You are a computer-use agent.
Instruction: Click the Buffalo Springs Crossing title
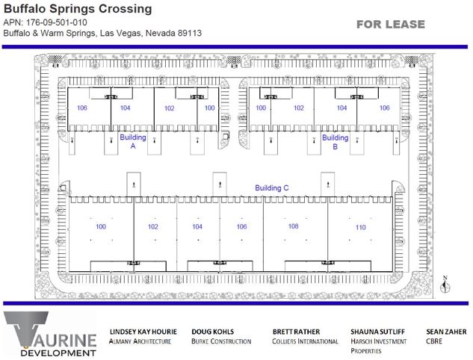point(78,8)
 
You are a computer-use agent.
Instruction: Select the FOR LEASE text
point(391,24)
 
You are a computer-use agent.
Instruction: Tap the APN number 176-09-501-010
point(56,22)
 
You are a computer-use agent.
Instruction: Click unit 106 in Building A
point(82,108)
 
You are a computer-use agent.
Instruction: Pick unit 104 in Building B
point(341,108)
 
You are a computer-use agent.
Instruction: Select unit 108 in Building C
point(293,226)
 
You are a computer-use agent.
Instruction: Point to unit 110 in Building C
point(360,227)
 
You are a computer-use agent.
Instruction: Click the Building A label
point(133,141)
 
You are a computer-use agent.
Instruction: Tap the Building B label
point(336,142)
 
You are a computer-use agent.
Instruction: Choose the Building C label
point(272,187)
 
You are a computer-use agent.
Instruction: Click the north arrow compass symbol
point(445,285)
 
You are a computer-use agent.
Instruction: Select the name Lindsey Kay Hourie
point(143,332)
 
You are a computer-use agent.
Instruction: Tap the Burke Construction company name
point(221,341)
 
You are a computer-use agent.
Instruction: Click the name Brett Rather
point(296,332)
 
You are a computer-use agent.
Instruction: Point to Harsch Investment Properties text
point(379,346)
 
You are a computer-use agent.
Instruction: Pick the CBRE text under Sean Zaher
point(434,341)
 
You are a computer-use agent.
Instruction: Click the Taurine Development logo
point(50,334)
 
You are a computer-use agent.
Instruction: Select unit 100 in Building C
point(101,226)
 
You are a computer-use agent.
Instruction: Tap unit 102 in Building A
point(169,108)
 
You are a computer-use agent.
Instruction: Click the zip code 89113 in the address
point(190,33)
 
